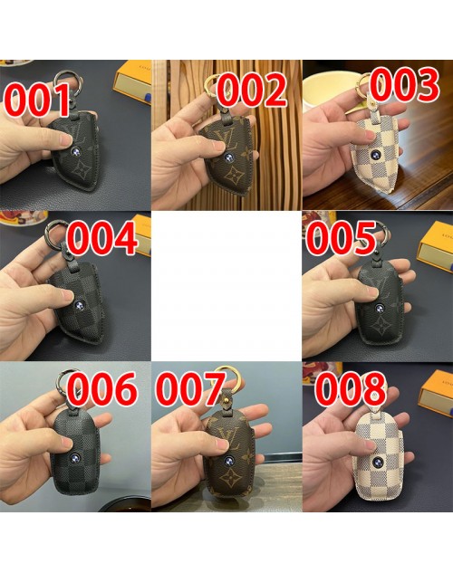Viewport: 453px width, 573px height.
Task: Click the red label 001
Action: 36,100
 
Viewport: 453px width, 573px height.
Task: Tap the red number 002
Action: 252,90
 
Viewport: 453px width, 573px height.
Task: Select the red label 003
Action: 404,84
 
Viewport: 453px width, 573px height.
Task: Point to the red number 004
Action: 102,238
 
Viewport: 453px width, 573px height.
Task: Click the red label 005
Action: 341,238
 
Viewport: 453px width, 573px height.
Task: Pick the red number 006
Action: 102,388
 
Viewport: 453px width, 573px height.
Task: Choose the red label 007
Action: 190,388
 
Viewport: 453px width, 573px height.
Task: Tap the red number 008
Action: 351,388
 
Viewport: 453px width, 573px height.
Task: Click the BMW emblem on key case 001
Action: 76,152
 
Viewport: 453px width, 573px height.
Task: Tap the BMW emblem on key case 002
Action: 228,158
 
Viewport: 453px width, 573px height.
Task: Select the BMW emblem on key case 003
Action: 375,154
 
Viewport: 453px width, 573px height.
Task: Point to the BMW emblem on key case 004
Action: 79,305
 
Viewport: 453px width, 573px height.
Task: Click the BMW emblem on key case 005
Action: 381,309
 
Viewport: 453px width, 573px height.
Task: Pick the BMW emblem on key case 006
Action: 75,457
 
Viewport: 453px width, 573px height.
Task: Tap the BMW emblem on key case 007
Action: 229,461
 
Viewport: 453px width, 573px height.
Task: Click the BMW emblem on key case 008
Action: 376,462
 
